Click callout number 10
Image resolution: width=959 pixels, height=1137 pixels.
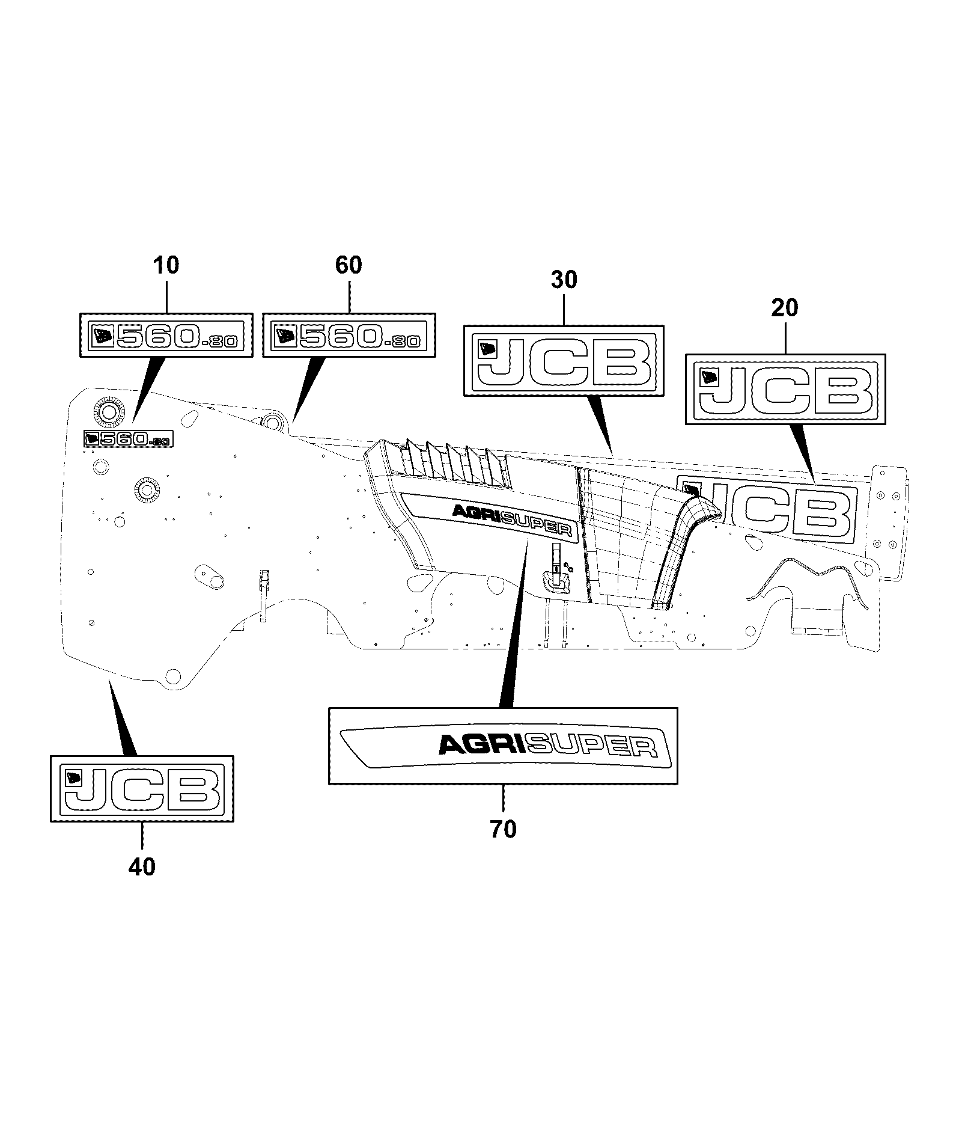(166, 265)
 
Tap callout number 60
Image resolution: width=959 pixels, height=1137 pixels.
(349, 265)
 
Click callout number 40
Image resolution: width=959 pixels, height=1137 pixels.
(142, 866)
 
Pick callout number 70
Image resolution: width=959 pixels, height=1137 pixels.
(504, 829)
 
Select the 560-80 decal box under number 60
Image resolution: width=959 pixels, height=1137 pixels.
(349, 336)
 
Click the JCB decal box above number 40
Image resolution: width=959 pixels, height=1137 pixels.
(142, 788)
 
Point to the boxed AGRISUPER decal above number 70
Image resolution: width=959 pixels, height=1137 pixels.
(504, 746)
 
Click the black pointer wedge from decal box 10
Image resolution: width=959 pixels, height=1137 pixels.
(148, 388)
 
